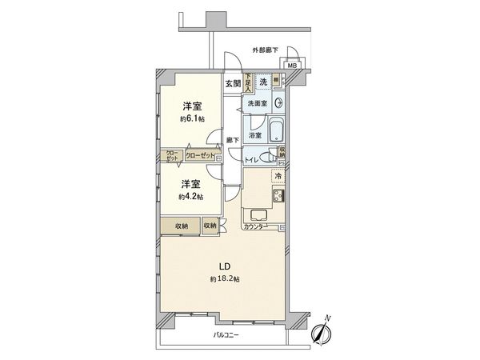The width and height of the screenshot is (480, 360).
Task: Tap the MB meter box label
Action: point(292,67)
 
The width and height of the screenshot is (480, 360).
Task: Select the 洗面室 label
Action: point(256,105)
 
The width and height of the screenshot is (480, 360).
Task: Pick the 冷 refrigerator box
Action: point(278,176)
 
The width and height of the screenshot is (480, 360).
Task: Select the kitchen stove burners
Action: point(278,197)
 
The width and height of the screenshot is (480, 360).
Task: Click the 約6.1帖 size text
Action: point(192,118)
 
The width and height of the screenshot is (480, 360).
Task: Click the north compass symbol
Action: point(324,330)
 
